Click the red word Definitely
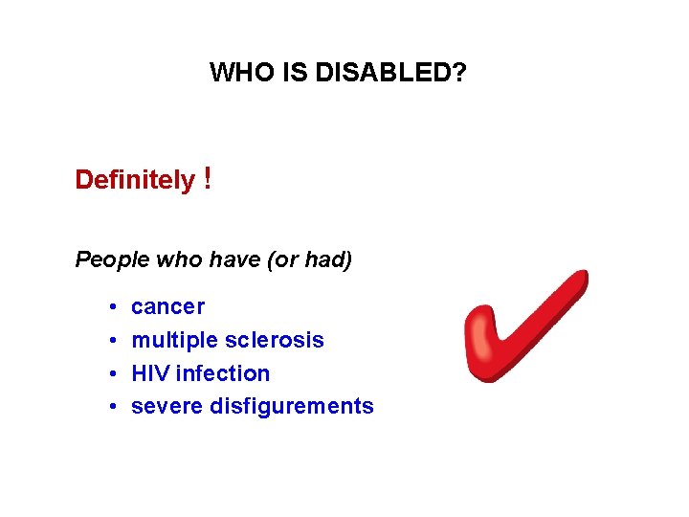pyautogui.click(x=134, y=180)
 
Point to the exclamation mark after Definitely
pyautogui.click(x=208, y=179)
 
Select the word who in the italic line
pyautogui.click(x=169, y=259)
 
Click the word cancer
pyautogui.click(x=167, y=306)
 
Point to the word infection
pyautogui.click(x=223, y=372)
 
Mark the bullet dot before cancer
pyautogui.click(x=112, y=307)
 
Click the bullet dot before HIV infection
pyautogui.click(x=112, y=373)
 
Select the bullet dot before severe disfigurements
pyautogui.click(x=112, y=407)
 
